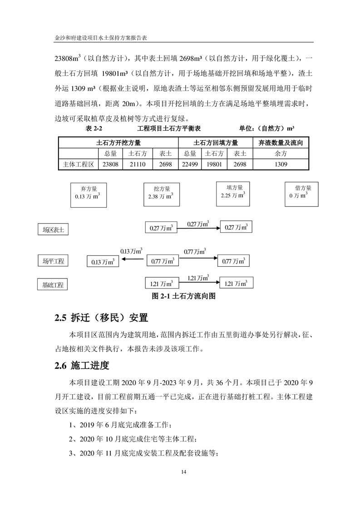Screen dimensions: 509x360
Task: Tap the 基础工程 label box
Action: coord(53,285)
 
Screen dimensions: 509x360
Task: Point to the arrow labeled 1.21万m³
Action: coord(199,284)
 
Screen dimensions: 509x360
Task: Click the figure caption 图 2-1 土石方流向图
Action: coord(182,296)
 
